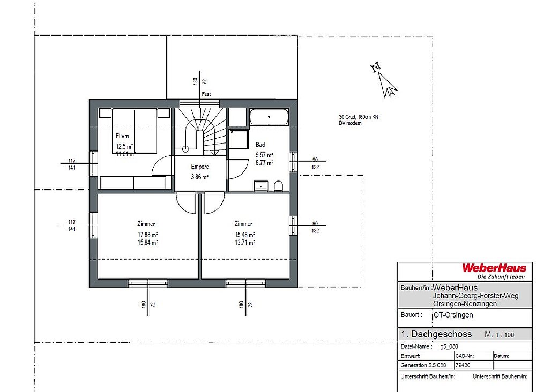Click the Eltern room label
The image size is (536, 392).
tap(122, 136)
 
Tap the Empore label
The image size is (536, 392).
tap(200, 167)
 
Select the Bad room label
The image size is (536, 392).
tap(260, 145)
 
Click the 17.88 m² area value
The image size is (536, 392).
tap(148, 235)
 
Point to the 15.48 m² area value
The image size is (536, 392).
tap(245, 235)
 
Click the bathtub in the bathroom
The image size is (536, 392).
tap(269, 117)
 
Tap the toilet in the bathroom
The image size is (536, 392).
tap(279, 186)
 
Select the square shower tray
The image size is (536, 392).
tap(239, 139)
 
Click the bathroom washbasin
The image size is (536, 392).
tap(261, 186)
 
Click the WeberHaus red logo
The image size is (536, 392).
tap(494, 268)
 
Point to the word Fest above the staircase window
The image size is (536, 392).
tap(206, 94)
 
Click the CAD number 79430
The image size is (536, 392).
tap(463, 365)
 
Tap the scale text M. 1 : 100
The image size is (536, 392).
tap(499, 335)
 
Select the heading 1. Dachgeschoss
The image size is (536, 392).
tap(436, 334)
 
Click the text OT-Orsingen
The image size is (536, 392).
tap(453, 315)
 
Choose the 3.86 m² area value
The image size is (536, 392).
tap(199, 177)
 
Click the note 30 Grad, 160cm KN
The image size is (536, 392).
tap(359, 117)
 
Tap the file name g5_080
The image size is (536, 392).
tap(449, 346)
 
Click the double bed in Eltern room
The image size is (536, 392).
tap(135, 131)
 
